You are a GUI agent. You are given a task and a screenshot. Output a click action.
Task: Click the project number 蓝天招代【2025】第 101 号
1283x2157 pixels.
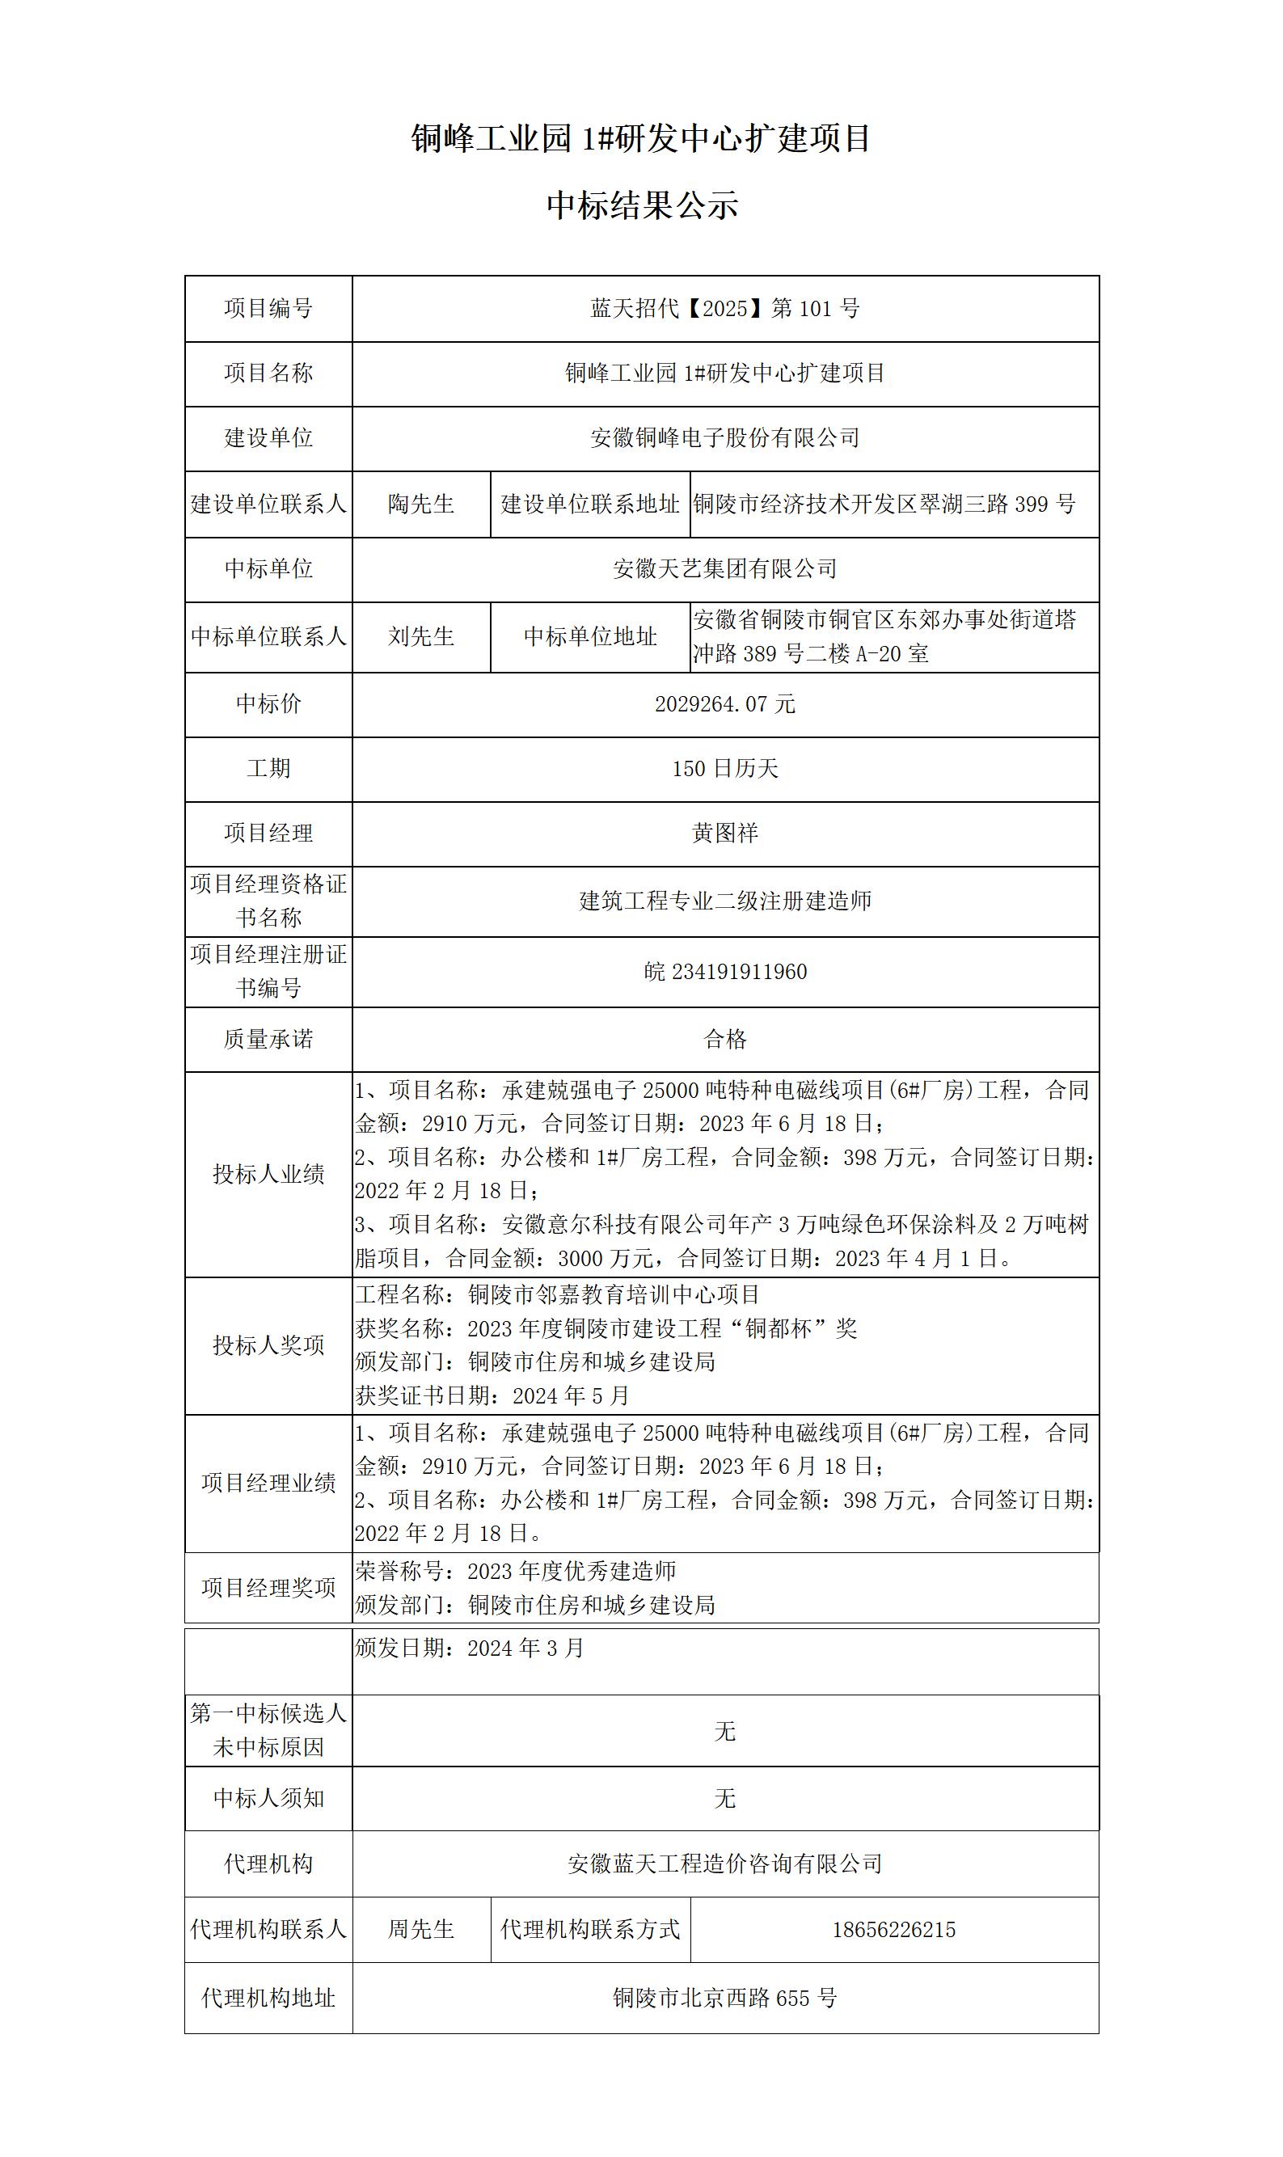pyautogui.click(x=724, y=309)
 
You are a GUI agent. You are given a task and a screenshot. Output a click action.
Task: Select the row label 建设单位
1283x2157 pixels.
pyautogui.click(x=268, y=438)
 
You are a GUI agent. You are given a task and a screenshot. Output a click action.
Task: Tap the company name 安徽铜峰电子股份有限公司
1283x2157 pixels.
pyautogui.click(x=724, y=438)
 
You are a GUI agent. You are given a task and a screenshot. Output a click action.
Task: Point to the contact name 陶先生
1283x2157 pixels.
pyautogui.click(x=421, y=504)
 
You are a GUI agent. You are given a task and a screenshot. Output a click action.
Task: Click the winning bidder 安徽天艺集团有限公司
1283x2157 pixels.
pyautogui.click(x=724, y=569)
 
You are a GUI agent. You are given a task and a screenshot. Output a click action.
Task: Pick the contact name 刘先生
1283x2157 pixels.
pyautogui.click(x=421, y=637)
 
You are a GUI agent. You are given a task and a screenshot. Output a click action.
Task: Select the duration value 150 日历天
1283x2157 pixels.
pyautogui.click(x=724, y=769)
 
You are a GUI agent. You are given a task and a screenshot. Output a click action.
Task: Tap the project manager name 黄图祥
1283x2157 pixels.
pyautogui.click(x=724, y=834)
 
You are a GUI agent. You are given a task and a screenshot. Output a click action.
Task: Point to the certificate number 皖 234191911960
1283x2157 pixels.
pyautogui.click(x=724, y=972)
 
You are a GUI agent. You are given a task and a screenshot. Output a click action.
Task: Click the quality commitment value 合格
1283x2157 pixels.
pyautogui.click(x=724, y=1039)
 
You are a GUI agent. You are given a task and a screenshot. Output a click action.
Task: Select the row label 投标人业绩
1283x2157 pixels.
pyautogui.click(x=268, y=1174)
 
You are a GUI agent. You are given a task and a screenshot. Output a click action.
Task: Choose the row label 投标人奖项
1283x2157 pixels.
pyautogui.click(x=268, y=1345)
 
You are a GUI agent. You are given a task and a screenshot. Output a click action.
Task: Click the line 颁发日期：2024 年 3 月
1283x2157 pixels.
pyautogui.click(x=470, y=1648)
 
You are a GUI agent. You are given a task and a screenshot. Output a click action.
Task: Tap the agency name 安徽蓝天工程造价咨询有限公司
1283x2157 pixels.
pyautogui.click(x=724, y=1864)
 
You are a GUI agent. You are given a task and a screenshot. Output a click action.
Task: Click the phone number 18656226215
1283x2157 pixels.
pyautogui.click(x=893, y=1931)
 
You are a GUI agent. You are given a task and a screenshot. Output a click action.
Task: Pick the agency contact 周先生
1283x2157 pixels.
pyautogui.click(x=421, y=1931)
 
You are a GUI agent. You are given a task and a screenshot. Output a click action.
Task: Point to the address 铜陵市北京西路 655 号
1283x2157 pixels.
pyautogui.click(x=724, y=1999)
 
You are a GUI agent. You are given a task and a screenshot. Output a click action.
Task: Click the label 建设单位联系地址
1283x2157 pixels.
pyautogui.click(x=589, y=504)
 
